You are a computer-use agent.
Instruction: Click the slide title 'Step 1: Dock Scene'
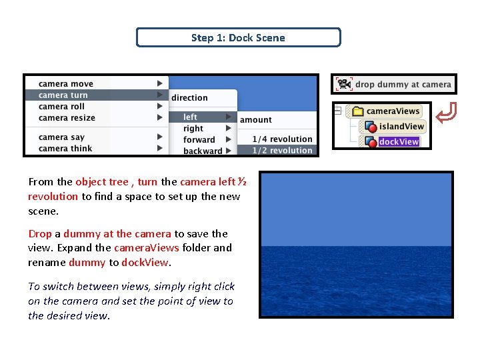click(238, 37)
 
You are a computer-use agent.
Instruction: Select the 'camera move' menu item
click(66, 84)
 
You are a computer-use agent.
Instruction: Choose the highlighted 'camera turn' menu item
click(63, 95)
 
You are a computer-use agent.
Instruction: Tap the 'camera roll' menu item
click(62, 107)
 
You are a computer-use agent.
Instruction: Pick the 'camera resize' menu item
click(67, 118)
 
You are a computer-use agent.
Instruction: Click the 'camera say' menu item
click(62, 137)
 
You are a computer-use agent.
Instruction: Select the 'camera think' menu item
click(65, 149)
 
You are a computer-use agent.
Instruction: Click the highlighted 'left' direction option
click(191, 117)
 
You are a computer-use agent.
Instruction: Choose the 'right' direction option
click(193, 129)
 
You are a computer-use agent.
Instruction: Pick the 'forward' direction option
click(199, 140)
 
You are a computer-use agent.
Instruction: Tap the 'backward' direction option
click(203, 151)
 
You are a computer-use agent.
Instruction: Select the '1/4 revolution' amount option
click(282, 139)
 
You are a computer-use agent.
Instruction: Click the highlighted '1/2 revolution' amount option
click(282, 151)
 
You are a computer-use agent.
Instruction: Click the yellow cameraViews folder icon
click(357, 111)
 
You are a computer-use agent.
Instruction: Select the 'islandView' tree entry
click(401, 127)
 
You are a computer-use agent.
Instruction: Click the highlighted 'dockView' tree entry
click(399, 142)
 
